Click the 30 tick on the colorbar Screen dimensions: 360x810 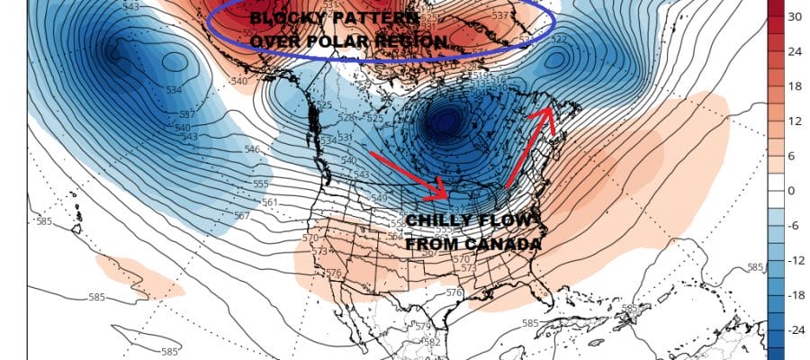click(794, 16)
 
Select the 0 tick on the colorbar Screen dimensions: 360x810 click(791, 191)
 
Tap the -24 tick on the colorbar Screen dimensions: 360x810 click(796, 330)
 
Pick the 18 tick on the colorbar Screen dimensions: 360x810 click(794, 86)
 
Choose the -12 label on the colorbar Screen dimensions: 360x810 click(796, 261)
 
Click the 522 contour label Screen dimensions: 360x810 click(559, 40)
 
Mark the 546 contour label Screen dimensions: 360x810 click(252, 149)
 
